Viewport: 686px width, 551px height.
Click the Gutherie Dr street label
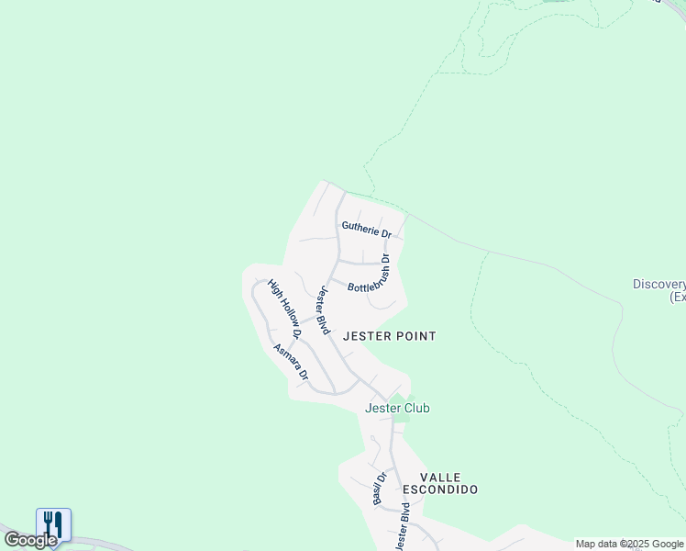(x=366, y=229)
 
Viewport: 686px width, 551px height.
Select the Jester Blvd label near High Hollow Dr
(x=323, y=311)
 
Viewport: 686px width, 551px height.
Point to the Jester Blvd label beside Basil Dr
(x=401, y=526)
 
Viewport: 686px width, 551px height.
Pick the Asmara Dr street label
(x=292, y=364)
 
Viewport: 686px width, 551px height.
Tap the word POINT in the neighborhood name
(x=415, y=337)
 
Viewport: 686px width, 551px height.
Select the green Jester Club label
(x=397, y=408)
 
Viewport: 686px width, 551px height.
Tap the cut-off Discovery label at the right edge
(x=659, y=285)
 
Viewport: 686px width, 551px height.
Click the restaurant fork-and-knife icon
(x=54, y=524)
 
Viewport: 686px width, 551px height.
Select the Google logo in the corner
(x=30, y=540)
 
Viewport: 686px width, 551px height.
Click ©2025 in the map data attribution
(x=636, y=544)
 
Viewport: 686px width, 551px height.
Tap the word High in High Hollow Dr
(x=272, y=287)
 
